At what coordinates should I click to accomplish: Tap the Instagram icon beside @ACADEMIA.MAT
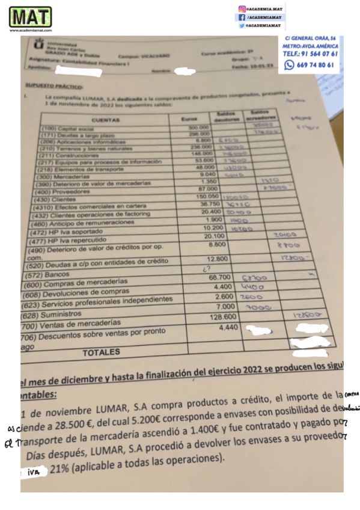pos(242,10)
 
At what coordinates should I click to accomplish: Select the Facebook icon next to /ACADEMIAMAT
pos(242,18)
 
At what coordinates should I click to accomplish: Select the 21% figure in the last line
pos(62,472)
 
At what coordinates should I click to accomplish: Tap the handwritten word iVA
pos(35,473)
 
